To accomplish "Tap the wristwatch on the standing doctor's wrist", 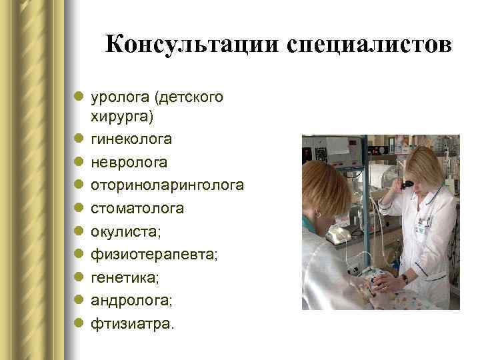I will point(405,279).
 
